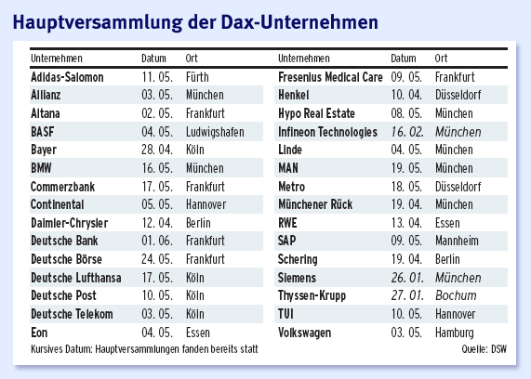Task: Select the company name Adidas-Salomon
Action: pos(68,77)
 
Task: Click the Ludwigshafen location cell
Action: pos(214,132)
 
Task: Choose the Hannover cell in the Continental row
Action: pos(206,204)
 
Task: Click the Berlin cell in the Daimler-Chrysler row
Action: pos(198,223)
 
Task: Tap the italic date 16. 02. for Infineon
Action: pos(407,132)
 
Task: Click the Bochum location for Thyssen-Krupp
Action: pos(454,295)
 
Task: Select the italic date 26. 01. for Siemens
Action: pos(407,277)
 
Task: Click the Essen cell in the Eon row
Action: pos(197,332)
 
